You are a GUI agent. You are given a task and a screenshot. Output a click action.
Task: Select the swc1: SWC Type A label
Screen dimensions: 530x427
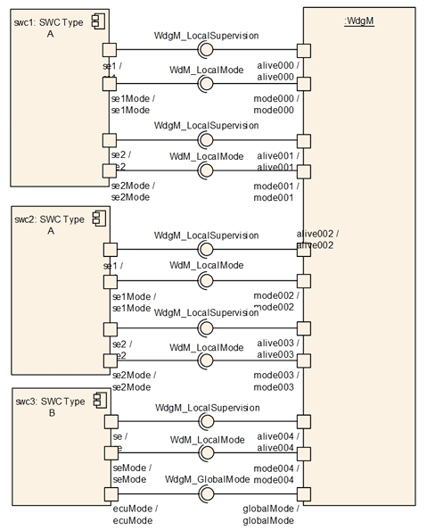coord(50,27)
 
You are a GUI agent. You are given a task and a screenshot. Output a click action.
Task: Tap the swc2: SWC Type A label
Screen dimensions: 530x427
coord(50,225)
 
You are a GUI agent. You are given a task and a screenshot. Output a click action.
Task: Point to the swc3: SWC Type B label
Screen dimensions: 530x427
coord(50,407)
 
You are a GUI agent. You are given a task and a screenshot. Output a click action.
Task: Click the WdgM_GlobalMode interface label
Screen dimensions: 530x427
coord(206,479)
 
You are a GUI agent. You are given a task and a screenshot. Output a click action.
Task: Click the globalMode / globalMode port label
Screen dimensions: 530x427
coord(268,514)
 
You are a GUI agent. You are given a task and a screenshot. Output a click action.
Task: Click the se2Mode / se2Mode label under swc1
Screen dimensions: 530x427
coord(133,191)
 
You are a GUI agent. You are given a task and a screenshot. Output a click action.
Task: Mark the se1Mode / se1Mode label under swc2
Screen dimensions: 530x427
coord(133,302)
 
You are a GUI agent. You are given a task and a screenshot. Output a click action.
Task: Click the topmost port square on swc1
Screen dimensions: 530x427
coord(110,50)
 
